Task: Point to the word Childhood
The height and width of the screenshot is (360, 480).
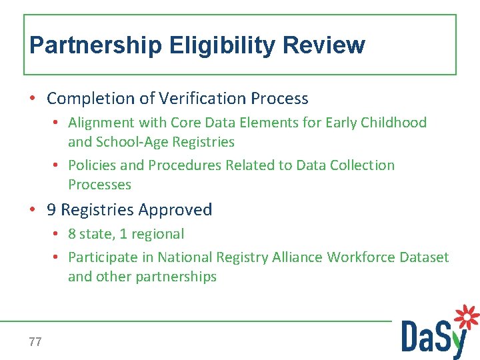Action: pyautogui.click(x=393, y=123)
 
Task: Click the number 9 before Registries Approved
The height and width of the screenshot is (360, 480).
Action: pyautogui.click(x=51, y=210)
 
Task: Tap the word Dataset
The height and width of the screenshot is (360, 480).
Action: pyautogui.click(x=423, y=257)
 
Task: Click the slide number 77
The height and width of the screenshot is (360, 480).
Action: pyautogui.click(x=35, y=342)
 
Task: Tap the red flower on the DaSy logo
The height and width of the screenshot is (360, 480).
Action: pyautogui.click(x=467, y=317)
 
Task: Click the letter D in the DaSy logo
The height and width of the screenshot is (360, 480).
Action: pyautogui.click(x=411, y=337)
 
